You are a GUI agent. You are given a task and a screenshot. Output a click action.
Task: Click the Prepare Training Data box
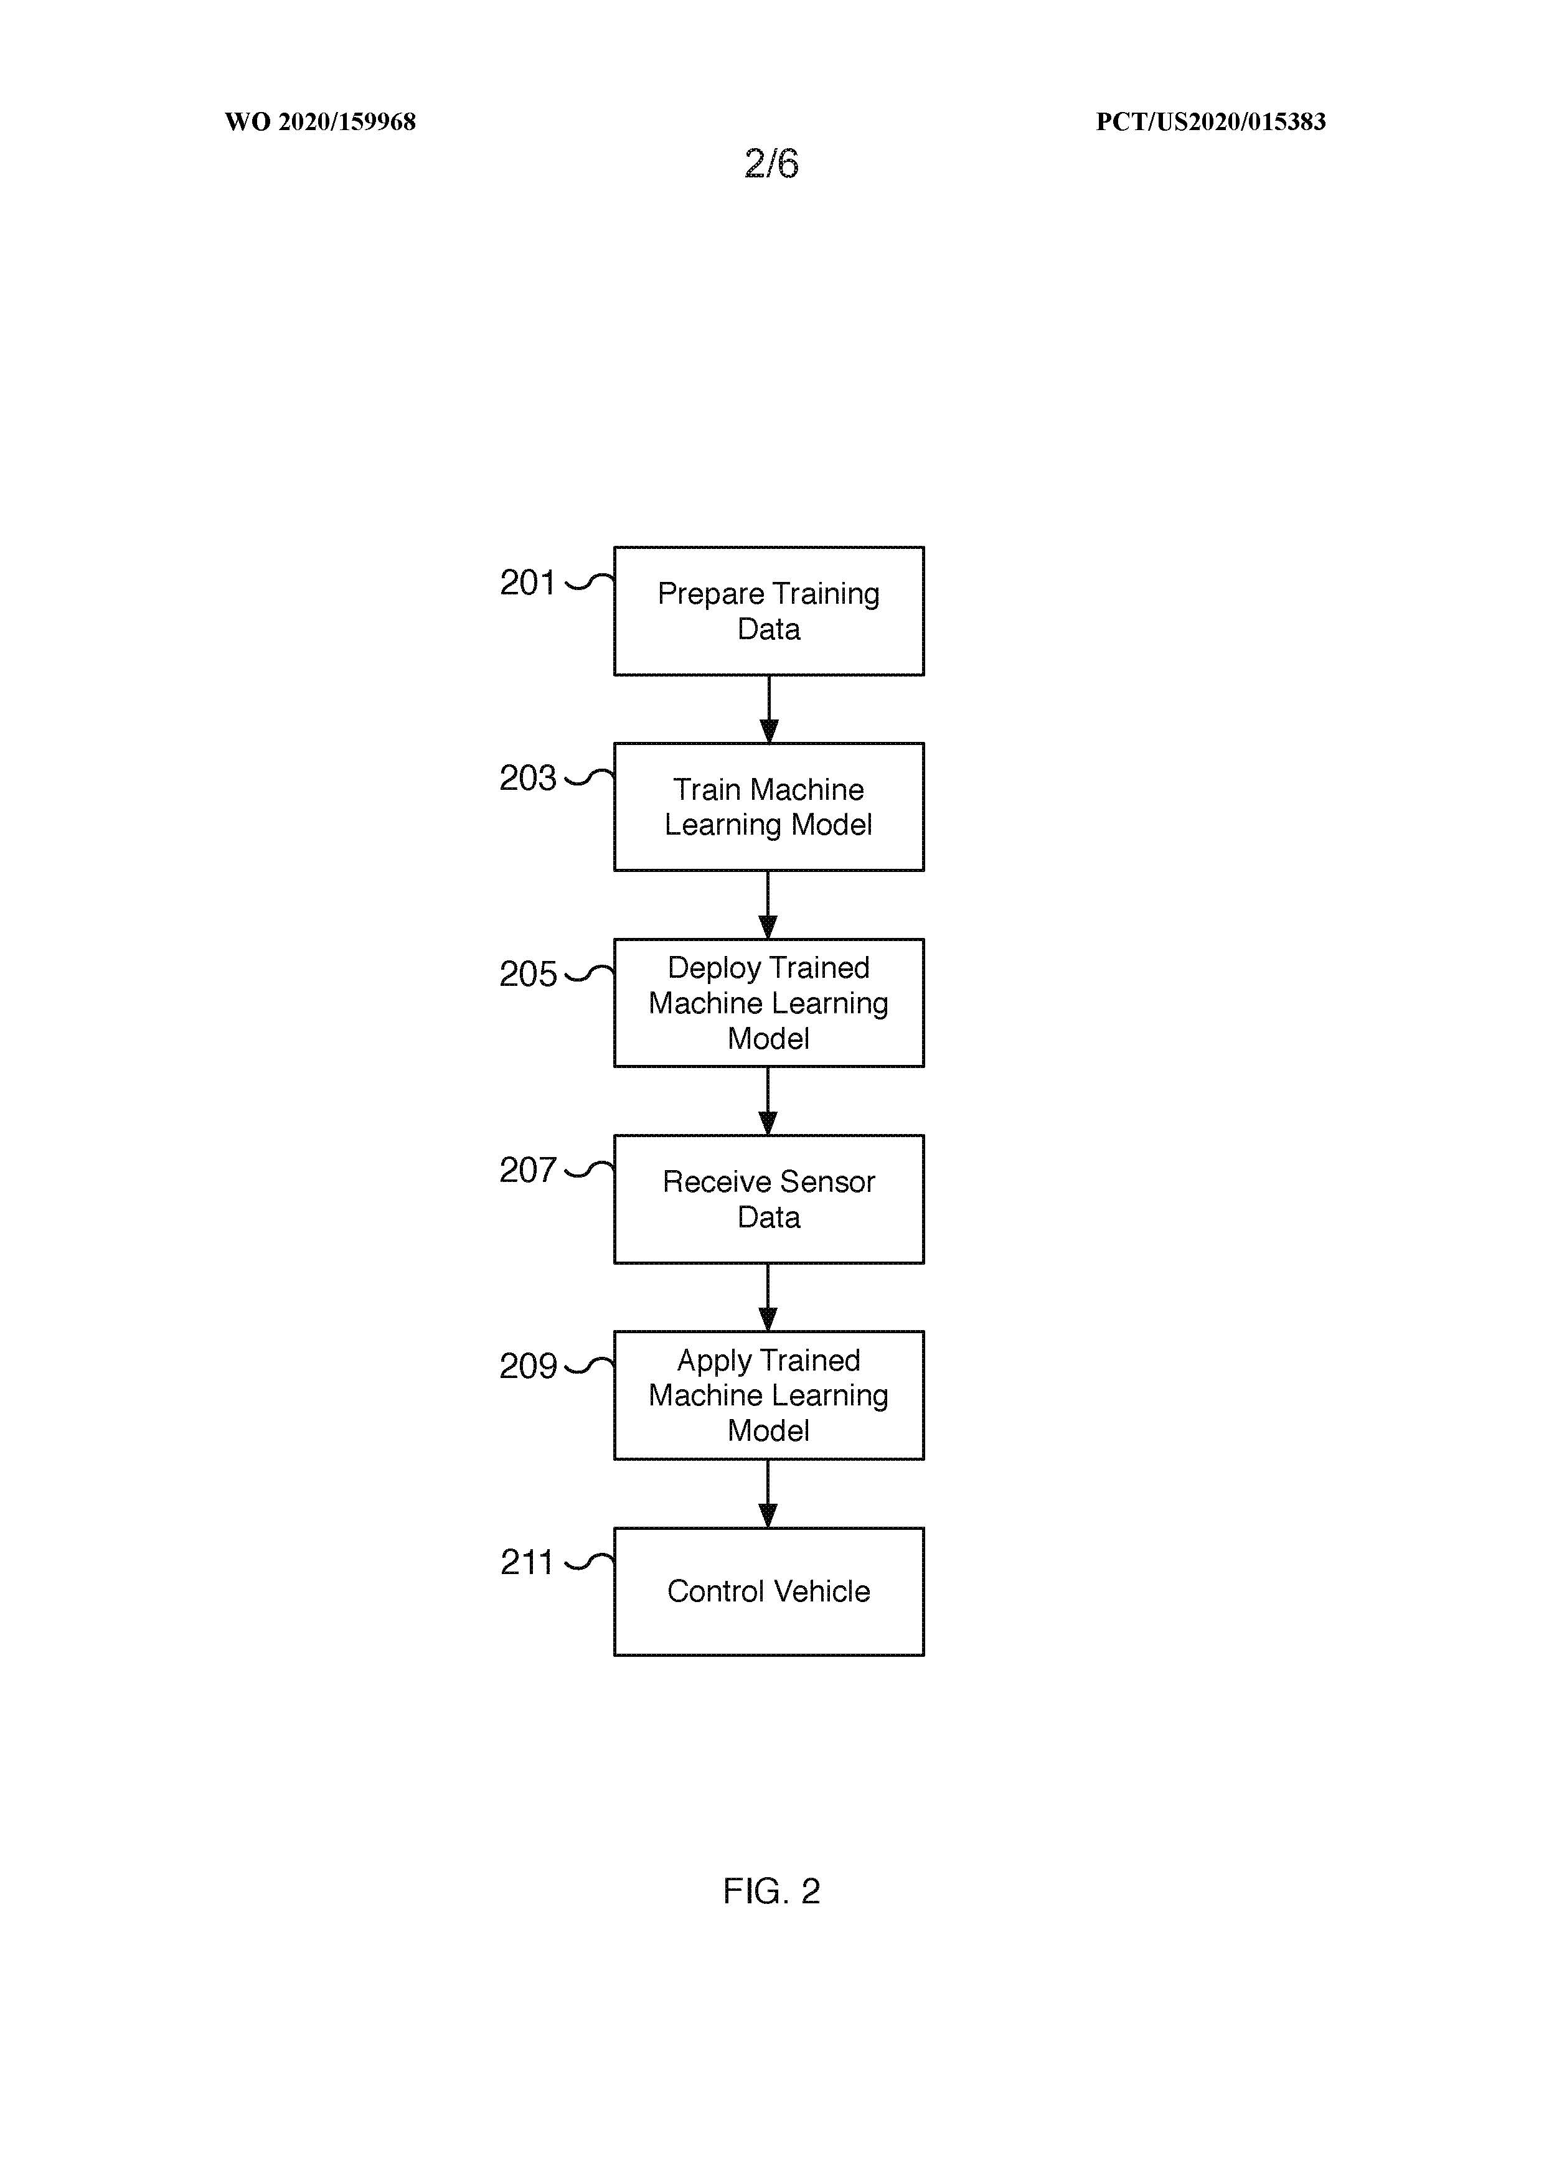pos(769,611)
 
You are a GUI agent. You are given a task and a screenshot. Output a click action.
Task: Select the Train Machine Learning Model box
pos(769,807)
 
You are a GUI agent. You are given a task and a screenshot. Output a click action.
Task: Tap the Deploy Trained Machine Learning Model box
pos(769,1003)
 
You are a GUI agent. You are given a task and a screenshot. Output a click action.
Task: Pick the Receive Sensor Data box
pos(769,1199)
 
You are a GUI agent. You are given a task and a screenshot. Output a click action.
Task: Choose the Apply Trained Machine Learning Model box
pos(769,1395)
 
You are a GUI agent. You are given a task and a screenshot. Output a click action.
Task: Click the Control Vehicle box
pos(769,1591)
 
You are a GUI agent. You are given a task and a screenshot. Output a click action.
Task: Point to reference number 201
pos(527,582)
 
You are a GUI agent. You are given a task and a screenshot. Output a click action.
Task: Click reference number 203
pos(527,778)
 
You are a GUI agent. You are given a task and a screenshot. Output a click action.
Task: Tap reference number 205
pos(527,974)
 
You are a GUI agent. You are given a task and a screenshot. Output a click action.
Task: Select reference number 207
pos(527,1170)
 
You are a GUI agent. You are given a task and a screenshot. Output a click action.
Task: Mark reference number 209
pos(527,1366)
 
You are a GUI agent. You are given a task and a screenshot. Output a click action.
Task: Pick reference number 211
pos(526,1562)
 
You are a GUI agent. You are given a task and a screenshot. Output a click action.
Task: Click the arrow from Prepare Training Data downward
pos(769,709)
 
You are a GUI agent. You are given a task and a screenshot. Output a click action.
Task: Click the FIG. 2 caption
pos(771,1890)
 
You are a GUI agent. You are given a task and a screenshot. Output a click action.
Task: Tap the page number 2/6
pos(771,164)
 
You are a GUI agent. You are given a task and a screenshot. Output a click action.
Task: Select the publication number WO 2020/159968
pos(321,122)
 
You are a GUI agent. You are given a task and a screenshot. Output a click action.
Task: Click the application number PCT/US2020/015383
pos(1210,122)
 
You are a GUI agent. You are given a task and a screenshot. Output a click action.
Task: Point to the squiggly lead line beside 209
pos(590,1366)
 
